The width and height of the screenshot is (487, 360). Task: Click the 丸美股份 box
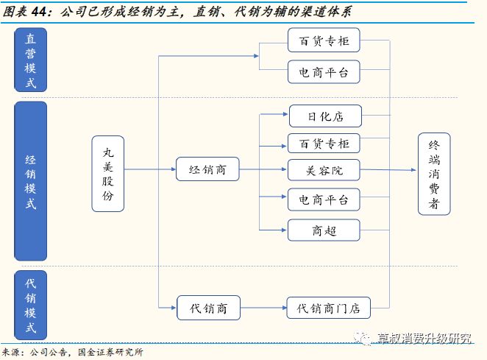click(108, 174)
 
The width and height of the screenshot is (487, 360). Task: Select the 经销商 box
click(207, 170)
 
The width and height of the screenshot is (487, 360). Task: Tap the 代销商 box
click(207, 308)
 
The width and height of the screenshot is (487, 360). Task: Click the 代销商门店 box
click(328, 308)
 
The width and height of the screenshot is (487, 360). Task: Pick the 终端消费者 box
click(434, 174)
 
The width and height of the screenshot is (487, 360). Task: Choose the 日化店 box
click(324, 116)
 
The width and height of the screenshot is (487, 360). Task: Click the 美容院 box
click(324, 170)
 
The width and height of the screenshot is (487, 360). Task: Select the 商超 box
click(324, 230)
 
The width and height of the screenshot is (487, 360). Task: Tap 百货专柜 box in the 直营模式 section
click(324, 40)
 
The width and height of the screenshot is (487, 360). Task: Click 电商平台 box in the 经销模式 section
click(324, 200)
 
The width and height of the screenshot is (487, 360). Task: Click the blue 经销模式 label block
click(30, 181)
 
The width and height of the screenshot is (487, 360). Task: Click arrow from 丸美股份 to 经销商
click(150, 170)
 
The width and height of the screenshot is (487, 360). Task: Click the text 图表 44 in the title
click(24, 11)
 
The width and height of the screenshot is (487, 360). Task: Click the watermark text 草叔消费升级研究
click(422, 339)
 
